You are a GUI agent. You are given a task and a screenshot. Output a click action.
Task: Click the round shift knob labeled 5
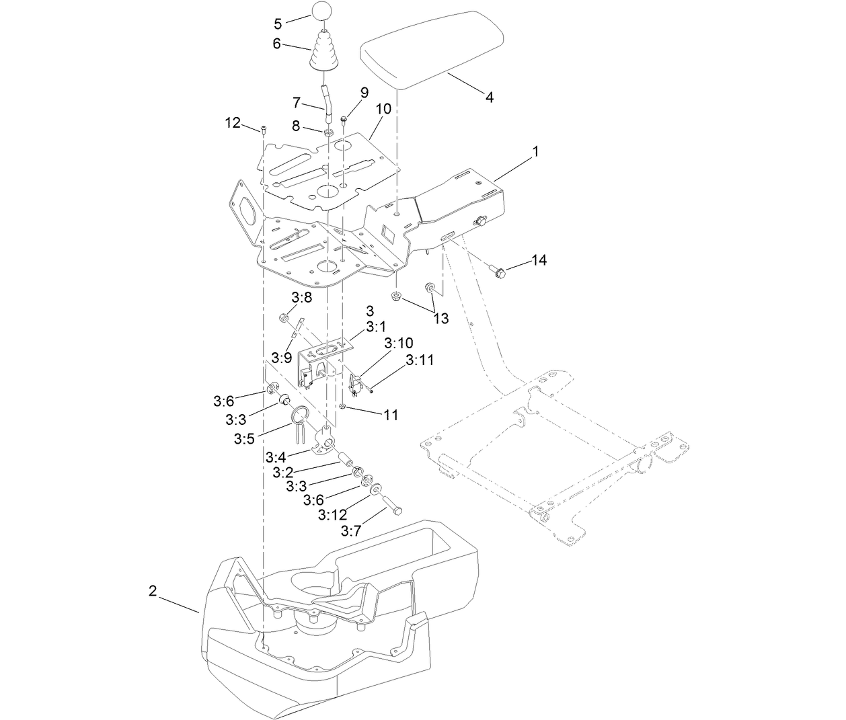[x=321, y=13]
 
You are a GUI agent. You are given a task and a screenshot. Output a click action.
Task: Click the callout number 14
[x=540, y=259]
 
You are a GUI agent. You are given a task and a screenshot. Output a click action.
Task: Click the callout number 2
[x=153, y=591]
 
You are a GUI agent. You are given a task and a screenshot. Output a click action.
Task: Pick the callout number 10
[x=383, y=108]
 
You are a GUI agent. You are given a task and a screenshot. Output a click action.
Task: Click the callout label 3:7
[x=351, y=531]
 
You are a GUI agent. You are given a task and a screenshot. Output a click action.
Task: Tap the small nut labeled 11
[x=342, y=406]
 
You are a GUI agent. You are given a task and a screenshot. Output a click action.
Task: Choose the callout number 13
[x=440, y=318]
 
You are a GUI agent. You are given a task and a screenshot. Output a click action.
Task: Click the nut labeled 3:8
[x=284, y=318]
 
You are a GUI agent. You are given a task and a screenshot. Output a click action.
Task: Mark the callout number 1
[x=535, y=153]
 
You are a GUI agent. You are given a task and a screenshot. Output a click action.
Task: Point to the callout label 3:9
[x=282, y=356]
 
